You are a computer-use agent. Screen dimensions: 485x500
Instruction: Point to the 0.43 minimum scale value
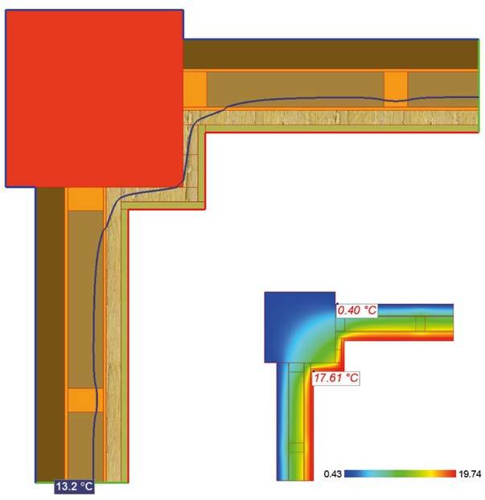331,474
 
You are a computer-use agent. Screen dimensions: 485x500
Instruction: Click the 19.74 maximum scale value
469,474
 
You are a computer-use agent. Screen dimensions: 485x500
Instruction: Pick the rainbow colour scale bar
400,474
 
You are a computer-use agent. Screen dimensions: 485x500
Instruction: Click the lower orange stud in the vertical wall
80,400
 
